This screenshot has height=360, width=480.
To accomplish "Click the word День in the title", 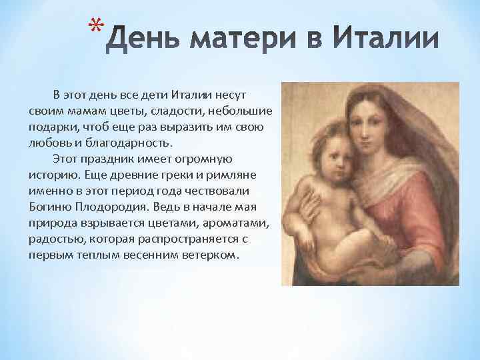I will (x=147, y=41).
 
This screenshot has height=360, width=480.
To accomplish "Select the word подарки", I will (x=51, y=126).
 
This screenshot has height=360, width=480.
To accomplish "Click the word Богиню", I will (x=50, y=207).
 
